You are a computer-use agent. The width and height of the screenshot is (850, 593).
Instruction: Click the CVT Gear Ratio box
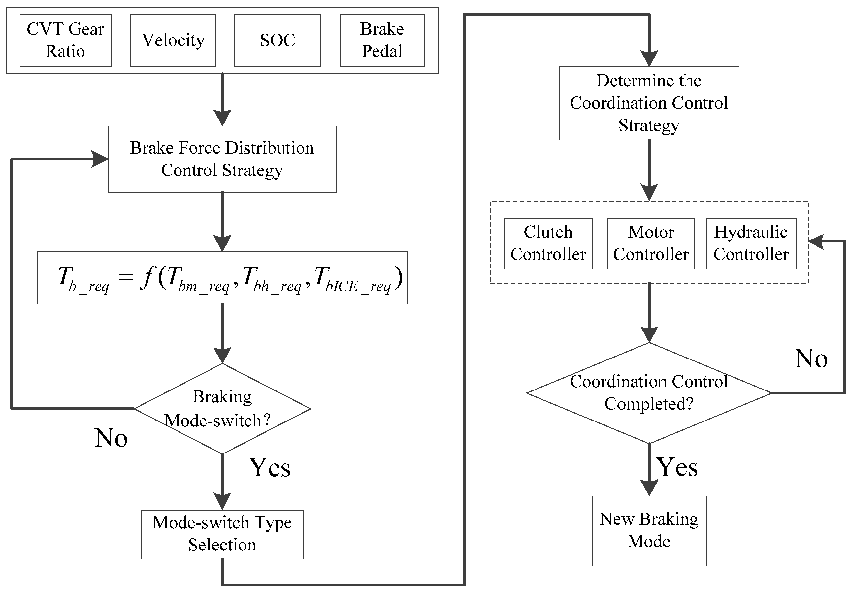[66, 40]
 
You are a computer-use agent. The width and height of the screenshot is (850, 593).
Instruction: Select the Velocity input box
[173, 40]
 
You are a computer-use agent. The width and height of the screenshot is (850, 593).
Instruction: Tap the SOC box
[277, 40]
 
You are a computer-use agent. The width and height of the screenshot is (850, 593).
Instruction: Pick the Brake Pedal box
[382, 40]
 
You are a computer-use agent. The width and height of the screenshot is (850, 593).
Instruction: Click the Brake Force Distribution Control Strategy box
[222, 159]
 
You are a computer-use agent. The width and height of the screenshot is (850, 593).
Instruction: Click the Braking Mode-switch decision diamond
[222, 408]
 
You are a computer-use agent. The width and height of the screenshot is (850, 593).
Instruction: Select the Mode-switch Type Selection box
[222, 534]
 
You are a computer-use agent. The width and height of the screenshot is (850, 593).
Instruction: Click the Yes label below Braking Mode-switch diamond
[270, 467]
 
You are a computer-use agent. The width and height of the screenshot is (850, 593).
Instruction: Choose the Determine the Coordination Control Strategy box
[649, 103]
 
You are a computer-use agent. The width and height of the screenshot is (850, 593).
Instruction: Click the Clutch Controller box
[548, 243]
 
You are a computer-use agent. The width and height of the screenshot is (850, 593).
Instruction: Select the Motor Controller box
[650, 243]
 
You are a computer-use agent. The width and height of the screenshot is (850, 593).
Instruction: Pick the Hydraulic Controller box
[751, 243]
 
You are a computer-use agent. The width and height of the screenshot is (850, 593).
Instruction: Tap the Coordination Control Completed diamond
[649, 392]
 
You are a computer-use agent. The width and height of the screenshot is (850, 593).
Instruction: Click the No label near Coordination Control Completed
[811, 359]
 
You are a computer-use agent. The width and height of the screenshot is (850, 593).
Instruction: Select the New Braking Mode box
[649, 530]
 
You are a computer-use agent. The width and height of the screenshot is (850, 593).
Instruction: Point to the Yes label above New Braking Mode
[677, 467]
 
